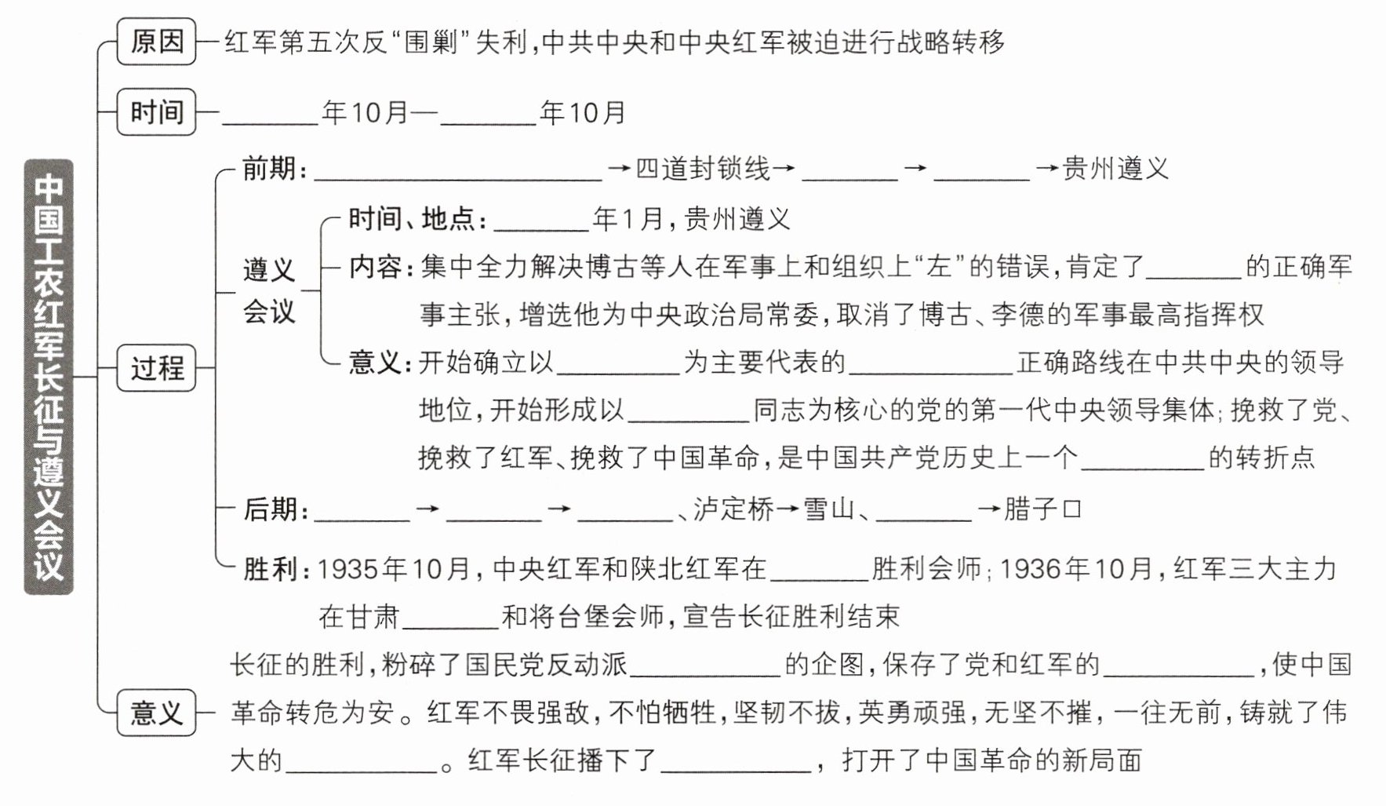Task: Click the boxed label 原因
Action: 156,42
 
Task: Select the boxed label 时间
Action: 156,112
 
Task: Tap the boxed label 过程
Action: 156,367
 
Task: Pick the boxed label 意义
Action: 156,713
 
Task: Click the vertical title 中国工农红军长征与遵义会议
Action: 49,377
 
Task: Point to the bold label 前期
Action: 268,169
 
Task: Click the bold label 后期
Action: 268,510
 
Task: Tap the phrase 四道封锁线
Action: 702,169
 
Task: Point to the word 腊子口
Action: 1042,510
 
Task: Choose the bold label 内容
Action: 376,268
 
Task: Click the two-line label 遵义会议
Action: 268,290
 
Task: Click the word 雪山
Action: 828,510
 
